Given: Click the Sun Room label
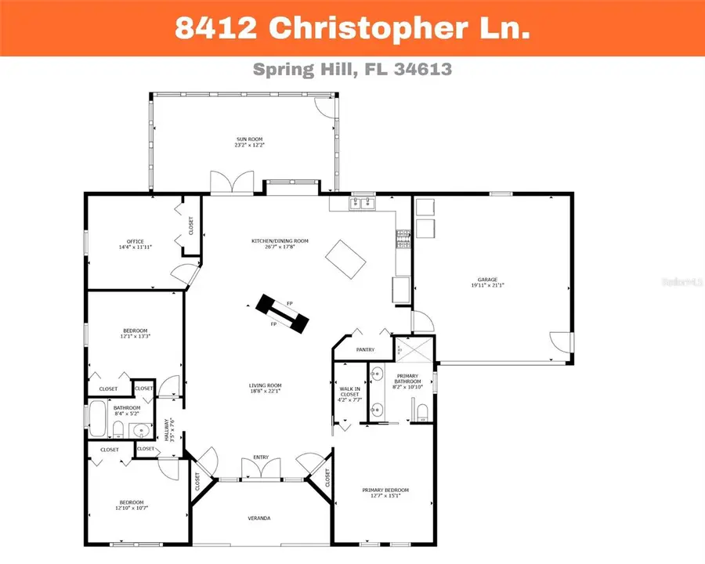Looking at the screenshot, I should [250, 139].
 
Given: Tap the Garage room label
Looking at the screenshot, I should [488, 280].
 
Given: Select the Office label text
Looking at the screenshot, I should [135, 241].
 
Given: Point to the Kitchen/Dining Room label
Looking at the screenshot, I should [280, 240].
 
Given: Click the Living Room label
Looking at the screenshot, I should [266, 385].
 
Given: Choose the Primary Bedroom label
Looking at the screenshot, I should [385, 490].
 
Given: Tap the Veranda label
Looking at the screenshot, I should [259, 519].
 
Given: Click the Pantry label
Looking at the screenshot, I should [365, 349].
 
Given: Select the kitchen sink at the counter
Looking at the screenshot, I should [363, 204].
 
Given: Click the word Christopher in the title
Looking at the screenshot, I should [358, 28].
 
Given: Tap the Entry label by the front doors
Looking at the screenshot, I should [260, 457].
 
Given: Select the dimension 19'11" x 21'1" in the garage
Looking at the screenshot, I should [488, 285].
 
